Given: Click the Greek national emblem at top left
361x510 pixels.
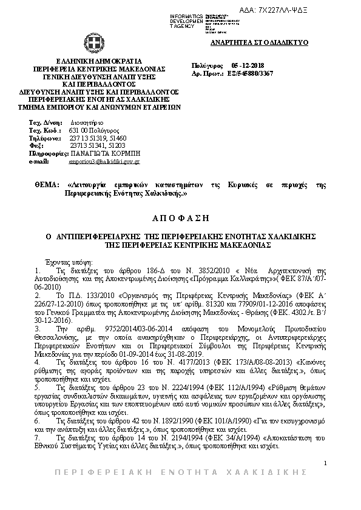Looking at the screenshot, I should [93, 44].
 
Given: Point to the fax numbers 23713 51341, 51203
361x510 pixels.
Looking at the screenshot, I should [97, 146].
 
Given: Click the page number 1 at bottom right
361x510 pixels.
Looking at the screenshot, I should [325, 463].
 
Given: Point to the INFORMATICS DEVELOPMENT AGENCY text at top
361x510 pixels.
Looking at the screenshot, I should [186, 20].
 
